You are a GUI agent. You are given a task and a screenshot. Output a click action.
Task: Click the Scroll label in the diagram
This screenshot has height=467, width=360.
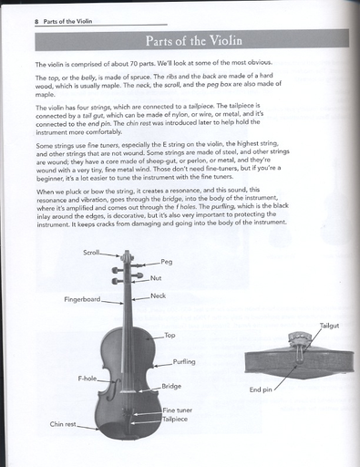pos(91,253)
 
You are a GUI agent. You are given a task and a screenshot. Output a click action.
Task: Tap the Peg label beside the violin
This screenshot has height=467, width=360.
pos(167,262)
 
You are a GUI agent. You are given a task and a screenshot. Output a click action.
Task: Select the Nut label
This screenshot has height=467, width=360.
pos(156,278)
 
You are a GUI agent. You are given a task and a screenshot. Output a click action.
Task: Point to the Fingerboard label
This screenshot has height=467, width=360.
pos(82,299)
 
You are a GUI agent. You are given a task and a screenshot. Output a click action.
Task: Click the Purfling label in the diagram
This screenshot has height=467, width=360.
pos(184,362)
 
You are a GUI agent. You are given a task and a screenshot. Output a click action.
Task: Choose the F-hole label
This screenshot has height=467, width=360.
pos(87,379)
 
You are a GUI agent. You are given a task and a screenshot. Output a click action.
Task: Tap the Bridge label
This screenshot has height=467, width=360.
pos(171,387)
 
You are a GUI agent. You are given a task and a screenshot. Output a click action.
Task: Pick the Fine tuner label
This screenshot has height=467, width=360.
pos(178,410)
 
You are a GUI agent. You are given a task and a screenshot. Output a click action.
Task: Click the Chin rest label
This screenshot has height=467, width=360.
pos(63,424)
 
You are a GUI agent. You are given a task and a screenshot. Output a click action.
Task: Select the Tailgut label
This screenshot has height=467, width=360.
pos(329,326)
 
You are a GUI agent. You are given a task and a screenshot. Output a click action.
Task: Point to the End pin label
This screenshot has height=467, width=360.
pos(261,389)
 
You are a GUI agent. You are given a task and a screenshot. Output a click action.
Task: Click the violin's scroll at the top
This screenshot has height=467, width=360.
pos(127,256)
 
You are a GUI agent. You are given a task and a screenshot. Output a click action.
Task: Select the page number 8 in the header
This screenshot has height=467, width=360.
pos(36,22)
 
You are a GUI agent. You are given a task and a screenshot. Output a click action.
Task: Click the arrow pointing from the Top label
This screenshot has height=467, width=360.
pos(155,337)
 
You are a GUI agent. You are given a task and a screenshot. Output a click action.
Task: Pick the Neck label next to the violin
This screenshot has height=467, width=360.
pos(158,296)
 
